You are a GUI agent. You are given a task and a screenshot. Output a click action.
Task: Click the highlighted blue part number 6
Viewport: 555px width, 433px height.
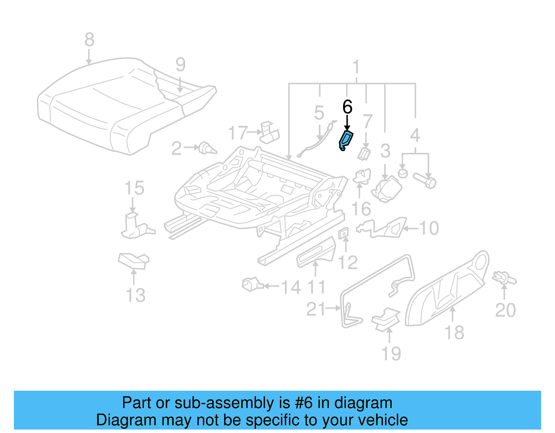pos(346,140)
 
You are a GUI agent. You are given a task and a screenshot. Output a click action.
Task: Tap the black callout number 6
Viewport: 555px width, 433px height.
pos(347,107)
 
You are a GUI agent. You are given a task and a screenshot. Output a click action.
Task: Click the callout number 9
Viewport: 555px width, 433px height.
pos(180,64)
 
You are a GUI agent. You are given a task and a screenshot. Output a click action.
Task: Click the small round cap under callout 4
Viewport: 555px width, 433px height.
pos(402,173)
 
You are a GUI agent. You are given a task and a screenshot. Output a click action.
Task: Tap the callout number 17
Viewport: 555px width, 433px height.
pos(238,133)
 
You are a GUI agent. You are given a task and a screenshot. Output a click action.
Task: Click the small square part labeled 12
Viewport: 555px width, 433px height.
pos(343,234)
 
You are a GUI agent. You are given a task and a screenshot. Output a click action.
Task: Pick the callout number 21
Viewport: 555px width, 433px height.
pos(316,309)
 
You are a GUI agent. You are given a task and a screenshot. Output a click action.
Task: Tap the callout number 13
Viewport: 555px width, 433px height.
pos(135,295)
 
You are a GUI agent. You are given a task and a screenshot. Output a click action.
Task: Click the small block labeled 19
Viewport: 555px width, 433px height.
pos(385,319)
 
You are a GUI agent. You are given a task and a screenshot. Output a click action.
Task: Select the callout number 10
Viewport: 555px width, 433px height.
pos(429,228)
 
